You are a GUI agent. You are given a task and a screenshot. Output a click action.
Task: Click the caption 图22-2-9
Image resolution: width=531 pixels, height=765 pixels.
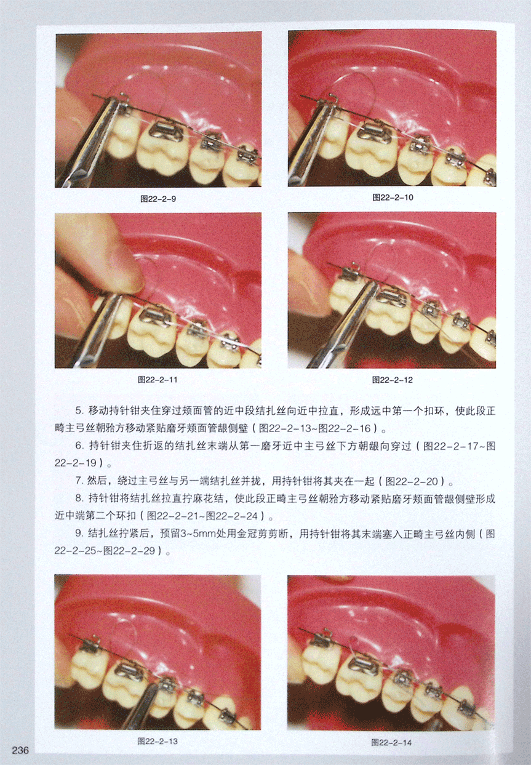point(158,199)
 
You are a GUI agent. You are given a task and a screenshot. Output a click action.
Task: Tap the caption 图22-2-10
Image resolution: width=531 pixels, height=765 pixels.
point(393,197)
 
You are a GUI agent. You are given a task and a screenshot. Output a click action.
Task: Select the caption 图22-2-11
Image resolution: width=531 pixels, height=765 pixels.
point(158,380)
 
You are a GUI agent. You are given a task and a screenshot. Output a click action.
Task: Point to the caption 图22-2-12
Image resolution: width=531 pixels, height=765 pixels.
point(393,380)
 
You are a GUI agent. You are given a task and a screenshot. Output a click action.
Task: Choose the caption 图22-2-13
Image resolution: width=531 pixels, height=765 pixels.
point(158,741)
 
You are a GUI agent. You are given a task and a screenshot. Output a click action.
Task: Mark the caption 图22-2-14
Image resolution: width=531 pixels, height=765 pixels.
point(391,742)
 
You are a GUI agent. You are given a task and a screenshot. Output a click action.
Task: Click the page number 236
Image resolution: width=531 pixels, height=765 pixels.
point(20,750)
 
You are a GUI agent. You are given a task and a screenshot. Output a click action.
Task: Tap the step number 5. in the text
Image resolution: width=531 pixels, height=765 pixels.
point(79,411)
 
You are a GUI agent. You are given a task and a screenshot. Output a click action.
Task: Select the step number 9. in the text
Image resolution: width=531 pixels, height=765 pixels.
point(79,534)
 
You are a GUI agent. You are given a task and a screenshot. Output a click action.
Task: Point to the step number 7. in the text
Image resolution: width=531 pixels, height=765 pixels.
point(79,481)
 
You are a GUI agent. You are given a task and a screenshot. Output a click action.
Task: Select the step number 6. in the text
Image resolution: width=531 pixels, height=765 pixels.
point(79,446)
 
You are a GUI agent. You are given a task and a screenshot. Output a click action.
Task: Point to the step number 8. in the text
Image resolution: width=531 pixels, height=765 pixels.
point(79,499)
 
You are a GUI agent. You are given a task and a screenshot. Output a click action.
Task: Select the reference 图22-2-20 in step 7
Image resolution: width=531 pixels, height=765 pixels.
point(412,481)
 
